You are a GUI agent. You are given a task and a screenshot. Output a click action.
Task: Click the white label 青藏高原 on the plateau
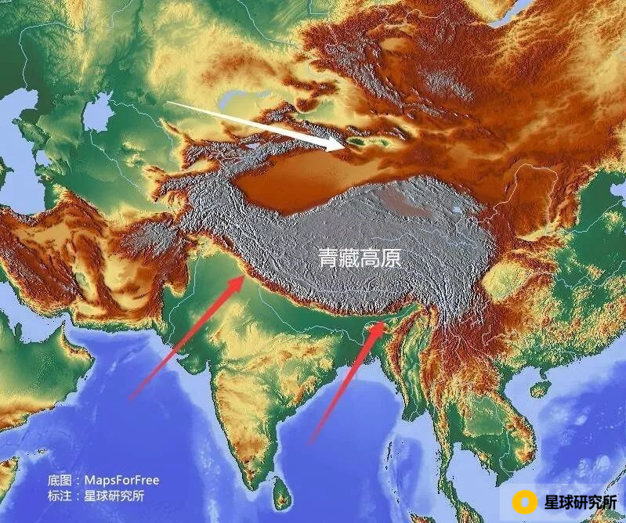(x=360, y=258)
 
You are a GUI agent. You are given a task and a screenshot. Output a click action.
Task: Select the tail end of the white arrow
(x=168, y=103)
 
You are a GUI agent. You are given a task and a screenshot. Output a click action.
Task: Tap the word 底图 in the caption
(x=59, y=480)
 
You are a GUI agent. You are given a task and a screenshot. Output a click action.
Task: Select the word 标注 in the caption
(x=59, y=496)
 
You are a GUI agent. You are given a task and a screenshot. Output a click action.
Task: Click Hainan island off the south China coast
(x=538, y=388)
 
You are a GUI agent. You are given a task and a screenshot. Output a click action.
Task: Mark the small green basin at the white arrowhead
(x=356, y=142)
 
